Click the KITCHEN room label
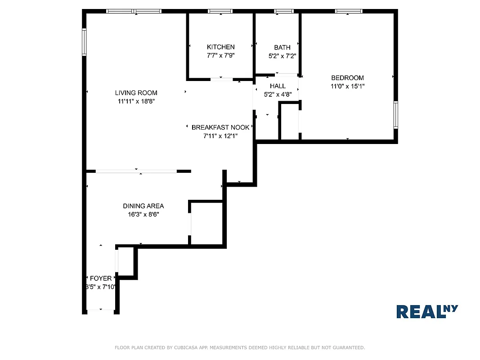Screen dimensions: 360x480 click(220, 47)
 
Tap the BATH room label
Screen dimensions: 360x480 click(282, 47)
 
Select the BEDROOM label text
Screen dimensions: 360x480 click(347, 78)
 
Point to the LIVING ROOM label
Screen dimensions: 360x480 click(136, 93)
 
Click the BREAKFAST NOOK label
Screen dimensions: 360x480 click(220, 127)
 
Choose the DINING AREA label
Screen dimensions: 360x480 click(143, 206)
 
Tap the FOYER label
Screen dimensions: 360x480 click(100, 279)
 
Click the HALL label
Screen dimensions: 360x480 click(278, 86)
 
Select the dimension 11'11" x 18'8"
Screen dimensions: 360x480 click(136, 102)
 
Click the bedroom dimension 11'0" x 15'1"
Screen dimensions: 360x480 click(347, 86)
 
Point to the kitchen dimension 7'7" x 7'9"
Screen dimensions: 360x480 click(220, 55)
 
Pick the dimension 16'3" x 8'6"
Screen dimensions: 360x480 click(143, 215)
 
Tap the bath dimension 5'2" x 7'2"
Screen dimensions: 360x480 click(282, 56)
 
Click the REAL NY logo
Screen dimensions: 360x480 click(426, 311)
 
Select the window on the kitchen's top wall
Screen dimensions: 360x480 click(220, 11)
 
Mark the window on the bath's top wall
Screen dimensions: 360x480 click(284, 11)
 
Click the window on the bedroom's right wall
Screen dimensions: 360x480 click(395, 115)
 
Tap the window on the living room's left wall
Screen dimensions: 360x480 click(84, 42)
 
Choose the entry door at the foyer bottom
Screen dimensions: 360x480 click(100, 311)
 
